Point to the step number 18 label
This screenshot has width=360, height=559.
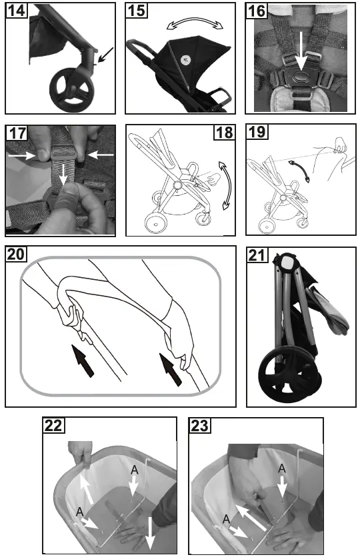click(224, 132)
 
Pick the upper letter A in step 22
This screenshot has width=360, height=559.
click(135, 470)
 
